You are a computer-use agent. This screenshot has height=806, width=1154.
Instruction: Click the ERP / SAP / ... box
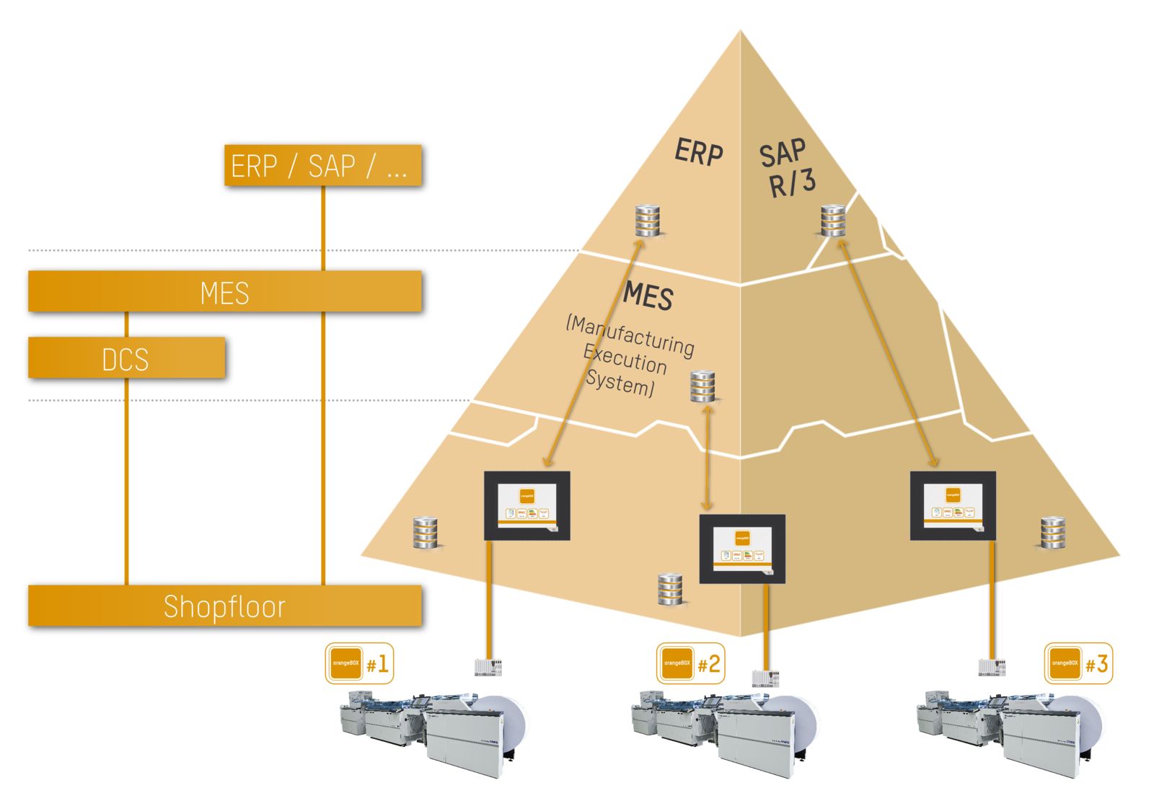(x=322, y=166)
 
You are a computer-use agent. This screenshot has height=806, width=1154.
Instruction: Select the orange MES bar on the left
(x=224, y=292)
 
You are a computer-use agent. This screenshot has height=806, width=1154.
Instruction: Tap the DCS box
(x=126, y=358)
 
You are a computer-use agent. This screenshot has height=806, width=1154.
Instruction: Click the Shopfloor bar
(x=224, y=606)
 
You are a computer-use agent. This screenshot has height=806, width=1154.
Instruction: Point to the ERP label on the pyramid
(x=698, y=152)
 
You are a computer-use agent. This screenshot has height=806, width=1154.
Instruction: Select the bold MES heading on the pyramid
(x=648, y=296)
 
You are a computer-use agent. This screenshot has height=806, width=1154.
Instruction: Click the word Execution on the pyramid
(x=625, y=358)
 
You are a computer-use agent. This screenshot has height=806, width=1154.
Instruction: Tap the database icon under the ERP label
(x=648, y=221)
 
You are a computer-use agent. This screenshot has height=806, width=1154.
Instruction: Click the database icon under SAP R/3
(x=833, y=221)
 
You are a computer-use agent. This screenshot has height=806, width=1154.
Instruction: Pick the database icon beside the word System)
(x=703, y=386)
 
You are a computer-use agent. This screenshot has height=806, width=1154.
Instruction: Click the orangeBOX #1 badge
(x=359, y=663)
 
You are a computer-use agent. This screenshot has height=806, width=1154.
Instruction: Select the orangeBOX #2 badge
(x=690, y=663)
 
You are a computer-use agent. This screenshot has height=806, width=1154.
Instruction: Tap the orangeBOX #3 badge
(x=1078, y=663)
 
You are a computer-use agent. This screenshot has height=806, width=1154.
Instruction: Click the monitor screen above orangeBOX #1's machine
(x=527, y=505)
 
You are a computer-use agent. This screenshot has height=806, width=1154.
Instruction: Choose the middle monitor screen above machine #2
(x=742, y=549)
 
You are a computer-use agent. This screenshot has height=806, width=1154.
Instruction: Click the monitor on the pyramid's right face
(x=953, y=505)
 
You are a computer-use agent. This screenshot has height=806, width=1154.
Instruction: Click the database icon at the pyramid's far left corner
(x=425, y=533)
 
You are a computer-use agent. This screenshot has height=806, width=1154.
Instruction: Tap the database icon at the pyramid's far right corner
(x=1053, y=533)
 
